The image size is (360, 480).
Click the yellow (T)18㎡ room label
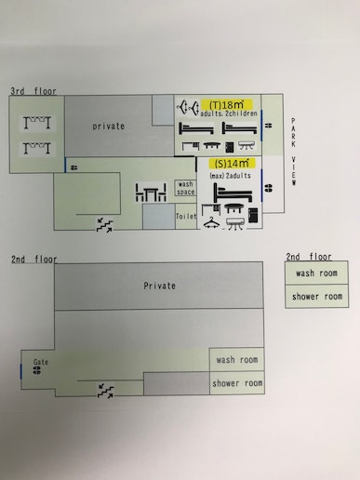click(x=224, y=105)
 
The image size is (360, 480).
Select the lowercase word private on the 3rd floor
click(x=109, y=126)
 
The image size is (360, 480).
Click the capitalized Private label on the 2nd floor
click(x=159, y=287)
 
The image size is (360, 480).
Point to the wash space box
click(x=185, y=188)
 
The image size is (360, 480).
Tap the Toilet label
click(x=186, y=216)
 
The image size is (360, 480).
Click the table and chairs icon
click(x=152, y=195)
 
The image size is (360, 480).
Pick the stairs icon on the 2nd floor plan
click(x=105, y=391)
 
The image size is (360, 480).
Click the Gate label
click(x=40, y=361)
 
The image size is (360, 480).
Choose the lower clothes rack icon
click(x=34, y=149)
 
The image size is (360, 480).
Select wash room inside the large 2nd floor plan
click(x=237, y=360)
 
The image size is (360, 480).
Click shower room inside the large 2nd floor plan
click(x=237, y=382)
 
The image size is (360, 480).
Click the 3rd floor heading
click(x=33, y=91)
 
